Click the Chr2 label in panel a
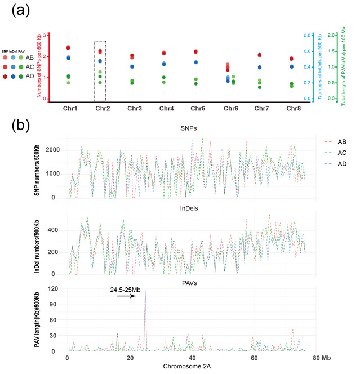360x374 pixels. [x=103, y=108]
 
